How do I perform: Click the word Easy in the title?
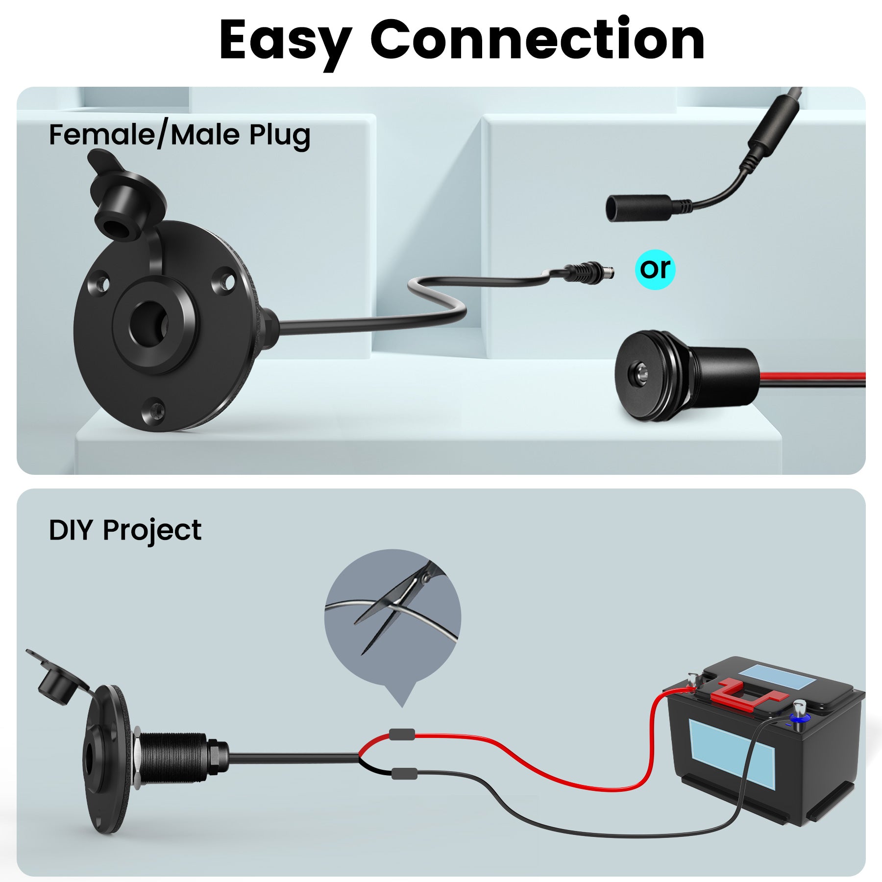tap(286, 42)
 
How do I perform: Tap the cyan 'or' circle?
tap(655, 269)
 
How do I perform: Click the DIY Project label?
tap(125, 530)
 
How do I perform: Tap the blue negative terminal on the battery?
tap(798, 719)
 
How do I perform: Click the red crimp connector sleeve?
tap(402, 735)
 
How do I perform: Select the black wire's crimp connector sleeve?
tap(404, 773)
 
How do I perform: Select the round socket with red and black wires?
tap(686, 375)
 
